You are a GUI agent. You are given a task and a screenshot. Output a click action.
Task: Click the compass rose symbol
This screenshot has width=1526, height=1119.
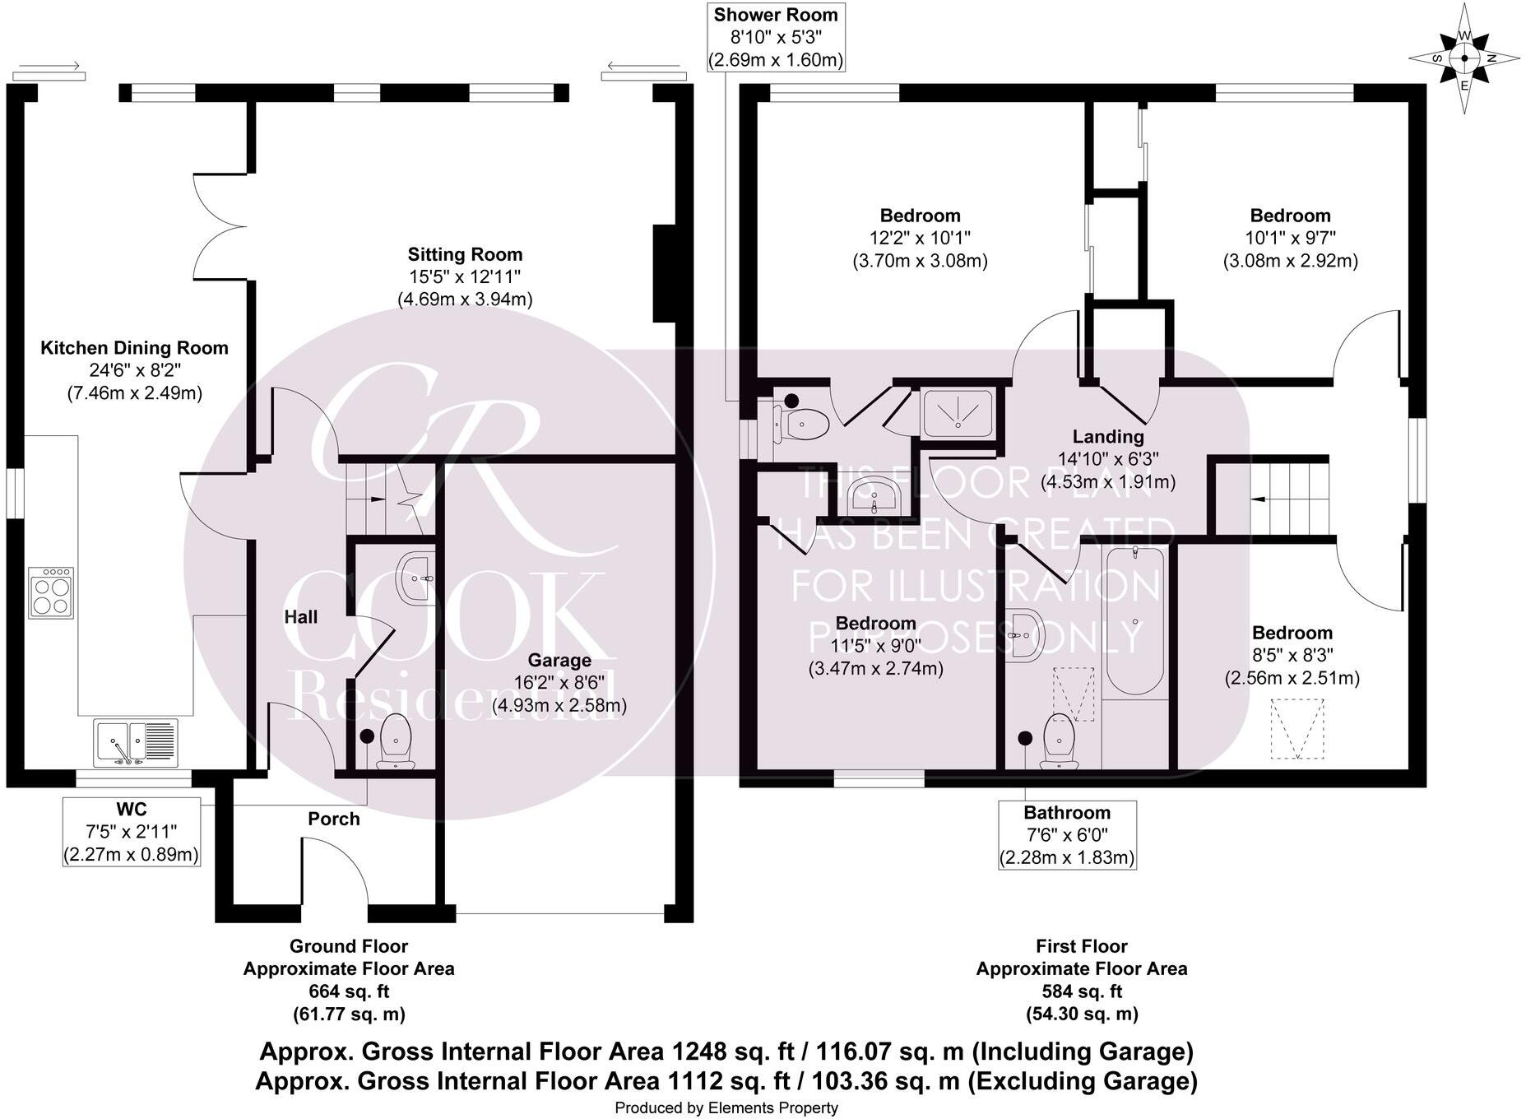tap(1463, 58)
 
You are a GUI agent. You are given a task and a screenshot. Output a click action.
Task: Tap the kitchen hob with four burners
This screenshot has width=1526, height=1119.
tap(51, 592)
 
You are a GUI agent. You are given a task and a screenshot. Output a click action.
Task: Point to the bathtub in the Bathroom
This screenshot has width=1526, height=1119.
tap(1135, 623)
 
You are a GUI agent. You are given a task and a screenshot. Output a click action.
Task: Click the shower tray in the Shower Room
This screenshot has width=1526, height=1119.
tap(957, 413)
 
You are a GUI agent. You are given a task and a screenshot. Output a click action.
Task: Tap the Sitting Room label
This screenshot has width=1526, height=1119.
tap(465, 254)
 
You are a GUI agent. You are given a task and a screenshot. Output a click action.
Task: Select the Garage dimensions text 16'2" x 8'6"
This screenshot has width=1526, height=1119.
tap(559, 683)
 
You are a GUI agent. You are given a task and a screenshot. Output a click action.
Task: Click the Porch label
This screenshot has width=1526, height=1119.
tap(333, 819)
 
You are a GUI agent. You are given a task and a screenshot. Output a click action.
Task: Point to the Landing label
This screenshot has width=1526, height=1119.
tap(1107, 436)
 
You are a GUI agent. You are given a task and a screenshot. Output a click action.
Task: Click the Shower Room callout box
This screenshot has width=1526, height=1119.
tap(775, 37)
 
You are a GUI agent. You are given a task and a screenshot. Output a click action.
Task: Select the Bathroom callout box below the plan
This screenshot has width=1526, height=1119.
tap(1067, 834)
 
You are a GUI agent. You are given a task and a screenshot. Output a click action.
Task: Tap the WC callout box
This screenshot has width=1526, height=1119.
tap(132, 831)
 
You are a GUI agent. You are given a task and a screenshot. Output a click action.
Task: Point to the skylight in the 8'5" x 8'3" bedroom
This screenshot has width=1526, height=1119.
tap(1297, 729)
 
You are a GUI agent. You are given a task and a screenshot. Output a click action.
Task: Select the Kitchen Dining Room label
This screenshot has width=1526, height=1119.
tap(134, 348)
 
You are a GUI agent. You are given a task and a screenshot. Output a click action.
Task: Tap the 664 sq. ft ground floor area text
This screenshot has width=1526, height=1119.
tap(349, 991)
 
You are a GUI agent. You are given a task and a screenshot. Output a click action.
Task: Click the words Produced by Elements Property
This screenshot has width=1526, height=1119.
tap(726, 1107)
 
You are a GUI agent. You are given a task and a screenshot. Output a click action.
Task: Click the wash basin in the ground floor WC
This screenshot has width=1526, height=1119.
tap(416, 578)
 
